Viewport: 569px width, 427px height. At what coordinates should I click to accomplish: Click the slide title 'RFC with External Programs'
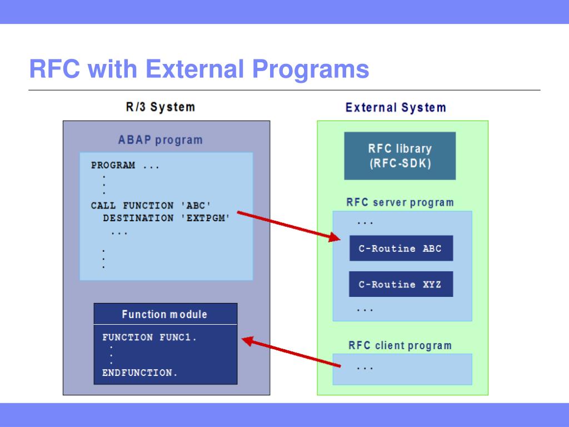tap(199, 69)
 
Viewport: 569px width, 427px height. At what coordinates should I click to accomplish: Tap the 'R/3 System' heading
tap(161, 107)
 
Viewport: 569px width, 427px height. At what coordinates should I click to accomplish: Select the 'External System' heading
tap(396, 107)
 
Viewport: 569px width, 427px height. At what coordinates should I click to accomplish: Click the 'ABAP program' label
tap(161, 140)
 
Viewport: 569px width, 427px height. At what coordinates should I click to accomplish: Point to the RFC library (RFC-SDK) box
tap(400, 156)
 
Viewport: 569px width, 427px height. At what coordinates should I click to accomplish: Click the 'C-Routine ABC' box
tap(401, 249)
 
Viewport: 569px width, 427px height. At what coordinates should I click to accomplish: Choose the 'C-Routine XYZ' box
tap(401, 284)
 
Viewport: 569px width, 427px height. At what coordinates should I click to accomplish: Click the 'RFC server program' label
tap(400, 202)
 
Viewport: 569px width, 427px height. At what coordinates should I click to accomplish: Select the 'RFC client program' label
tap(400, 345)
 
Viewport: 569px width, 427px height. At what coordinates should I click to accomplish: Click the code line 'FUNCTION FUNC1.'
tap(149, 337)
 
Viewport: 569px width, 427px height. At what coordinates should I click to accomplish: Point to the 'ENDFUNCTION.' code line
tap(139, 373)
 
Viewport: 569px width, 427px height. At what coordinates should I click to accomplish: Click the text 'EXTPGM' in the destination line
tap(208, 218)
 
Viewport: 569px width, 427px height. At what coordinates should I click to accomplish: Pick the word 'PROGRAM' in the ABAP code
tap(113, 166)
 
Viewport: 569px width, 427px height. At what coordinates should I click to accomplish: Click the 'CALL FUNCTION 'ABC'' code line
tap(151, 206)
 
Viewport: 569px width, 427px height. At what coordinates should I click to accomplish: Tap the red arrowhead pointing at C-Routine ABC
tap(334, 237)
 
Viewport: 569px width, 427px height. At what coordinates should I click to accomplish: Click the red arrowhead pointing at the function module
tap(248, 341)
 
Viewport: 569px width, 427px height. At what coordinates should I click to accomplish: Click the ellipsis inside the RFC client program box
tap(365, 369)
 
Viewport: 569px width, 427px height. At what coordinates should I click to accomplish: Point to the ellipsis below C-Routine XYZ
tap(365, 310)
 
